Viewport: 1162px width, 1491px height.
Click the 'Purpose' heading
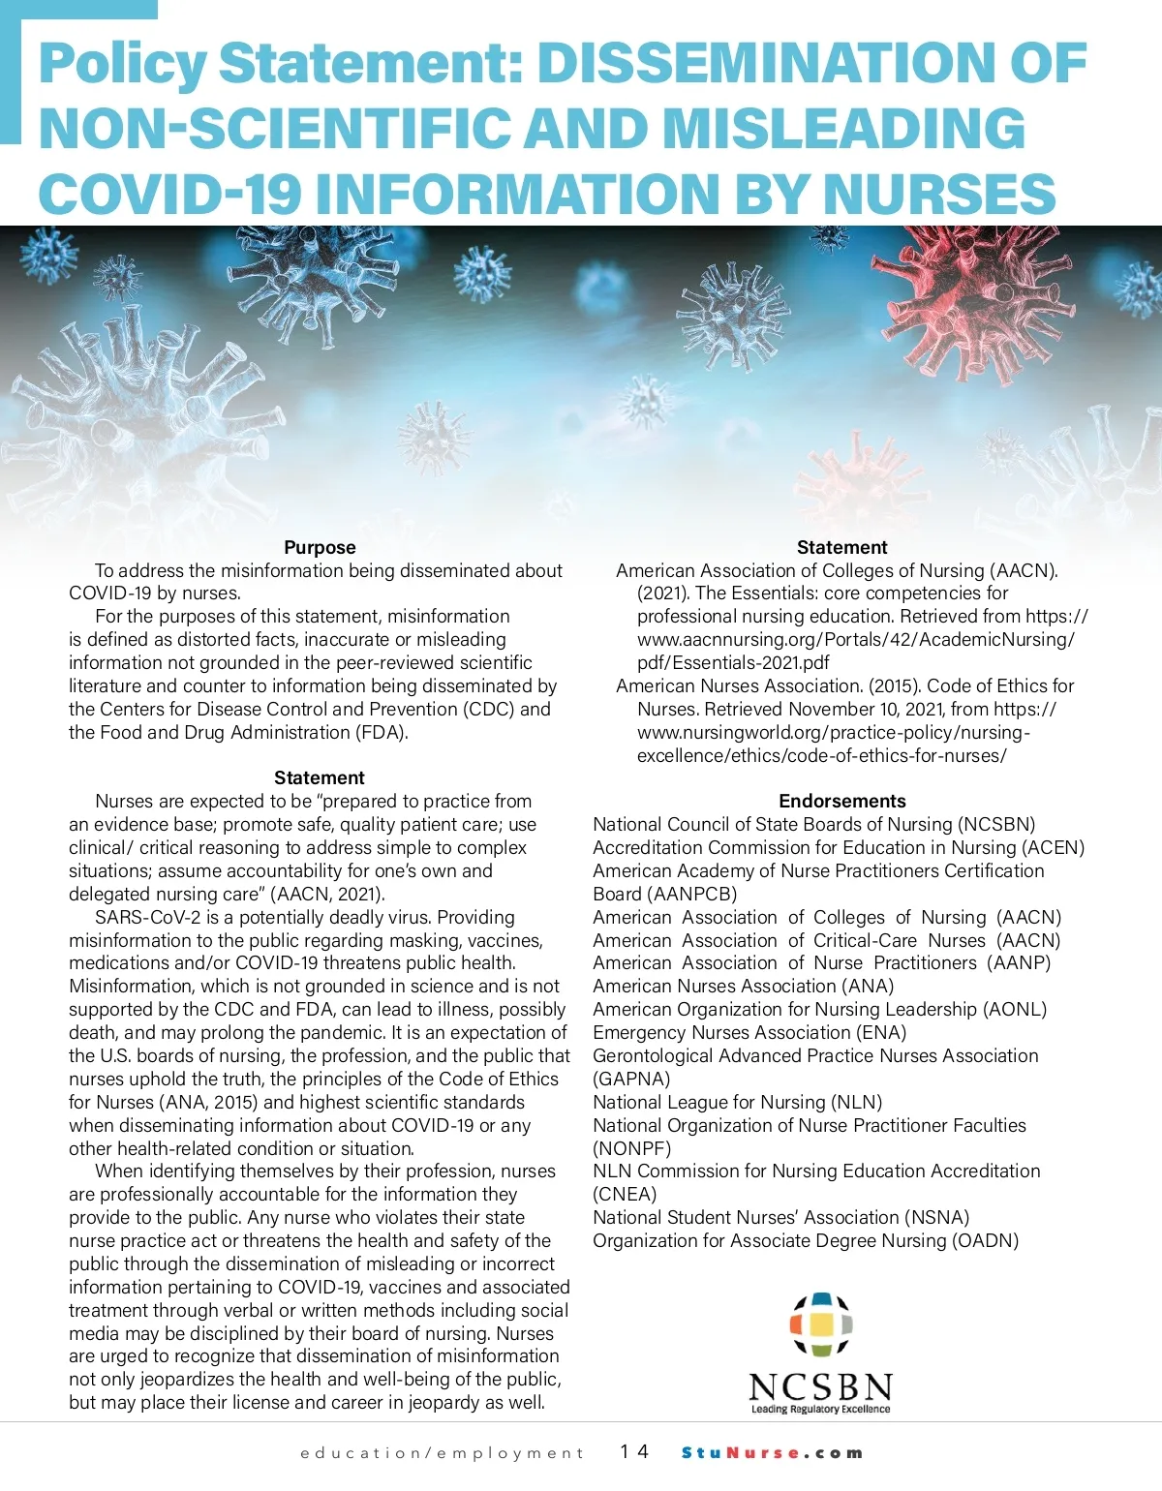[320, 547]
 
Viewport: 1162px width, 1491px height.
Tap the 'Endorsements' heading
[841, 801]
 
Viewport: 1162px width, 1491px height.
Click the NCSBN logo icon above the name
[821, 1324]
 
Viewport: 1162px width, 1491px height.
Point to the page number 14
[635, 1451]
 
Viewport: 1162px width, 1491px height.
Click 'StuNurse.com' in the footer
[772, 1452]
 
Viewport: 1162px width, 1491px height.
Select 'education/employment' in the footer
[443, 1452]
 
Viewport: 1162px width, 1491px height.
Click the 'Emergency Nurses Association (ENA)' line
[749, 1032]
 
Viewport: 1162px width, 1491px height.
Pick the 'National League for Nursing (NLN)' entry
[737, 1102]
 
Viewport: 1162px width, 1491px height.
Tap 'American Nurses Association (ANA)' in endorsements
[743, 986]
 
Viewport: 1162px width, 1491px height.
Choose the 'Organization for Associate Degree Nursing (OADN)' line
[806, 1240]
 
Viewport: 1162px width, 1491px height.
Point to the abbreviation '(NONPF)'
[631, 1148]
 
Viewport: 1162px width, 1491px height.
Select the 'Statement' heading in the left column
[320, 777]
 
